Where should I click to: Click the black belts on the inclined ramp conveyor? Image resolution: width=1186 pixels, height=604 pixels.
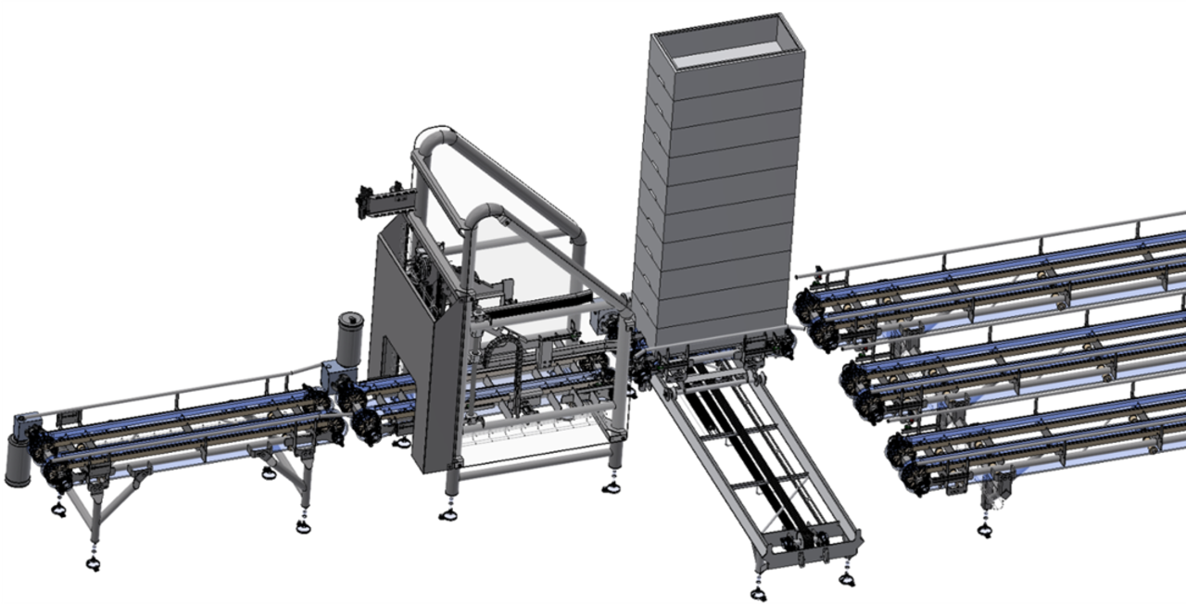coord(741,445)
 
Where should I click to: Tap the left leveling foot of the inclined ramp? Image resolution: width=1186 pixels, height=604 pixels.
coord(759,593)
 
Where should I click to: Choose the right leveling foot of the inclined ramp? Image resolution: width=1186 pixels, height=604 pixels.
coord(846,579)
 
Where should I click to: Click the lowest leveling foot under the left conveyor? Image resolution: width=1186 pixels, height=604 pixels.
coord(92,563)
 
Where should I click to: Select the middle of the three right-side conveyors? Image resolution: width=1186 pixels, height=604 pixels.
coord(1010,361)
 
